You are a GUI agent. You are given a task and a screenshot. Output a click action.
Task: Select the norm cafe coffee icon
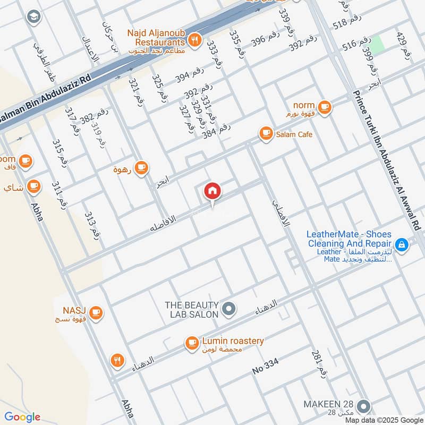click(x=325, y=107)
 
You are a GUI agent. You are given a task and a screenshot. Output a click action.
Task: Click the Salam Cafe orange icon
click(x=265, y=134)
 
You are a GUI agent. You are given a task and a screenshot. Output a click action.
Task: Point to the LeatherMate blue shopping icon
click(x=402, y=244)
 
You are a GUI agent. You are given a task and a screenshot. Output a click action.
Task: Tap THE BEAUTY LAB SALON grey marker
click(x=229, y=309)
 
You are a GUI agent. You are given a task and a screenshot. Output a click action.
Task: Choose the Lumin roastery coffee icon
click(x=191, y=344)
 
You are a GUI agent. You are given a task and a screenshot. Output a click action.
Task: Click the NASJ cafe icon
click(x=96, y=312)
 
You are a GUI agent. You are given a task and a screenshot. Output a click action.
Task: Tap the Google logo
click(x=22, y=417)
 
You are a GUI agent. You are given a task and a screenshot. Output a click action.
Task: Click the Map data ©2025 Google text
click(x=390, y=420)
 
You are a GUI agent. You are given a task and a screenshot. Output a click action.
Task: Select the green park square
click(x=377, y=45)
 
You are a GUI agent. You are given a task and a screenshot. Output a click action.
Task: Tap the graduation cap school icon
click(x=33, y=17)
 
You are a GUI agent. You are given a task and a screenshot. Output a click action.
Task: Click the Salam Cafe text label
click(x=294, y=134)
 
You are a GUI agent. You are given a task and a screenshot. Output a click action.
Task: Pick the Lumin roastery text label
click(x=233, y=341)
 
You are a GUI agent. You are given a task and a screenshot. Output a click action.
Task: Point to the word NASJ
click(x=74, y=309)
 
